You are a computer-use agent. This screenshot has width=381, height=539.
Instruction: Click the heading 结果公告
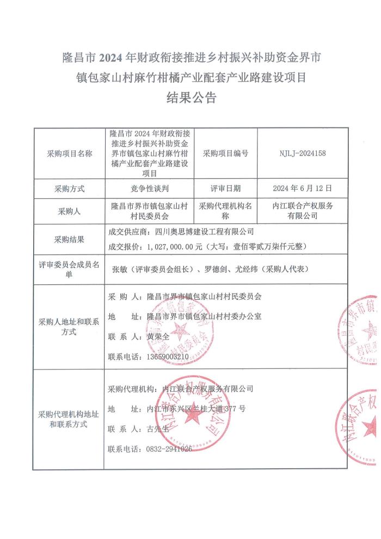pyautogui.click(x=190, y=98)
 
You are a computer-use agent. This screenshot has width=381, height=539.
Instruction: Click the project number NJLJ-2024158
pyautogui.click(x=303, y=154)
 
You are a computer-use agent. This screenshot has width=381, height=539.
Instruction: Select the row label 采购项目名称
pyautogui.click(x=70, y=154)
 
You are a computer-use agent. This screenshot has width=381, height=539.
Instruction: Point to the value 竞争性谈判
pyautogui.click(x=151, y=189)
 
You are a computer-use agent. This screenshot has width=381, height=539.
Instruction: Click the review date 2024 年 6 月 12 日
pyautogui.click(x=303, y=189)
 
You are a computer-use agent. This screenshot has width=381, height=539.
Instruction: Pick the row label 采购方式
pyautogui.click(x=70, y=189)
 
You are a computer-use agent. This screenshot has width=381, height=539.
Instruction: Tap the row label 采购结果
pyautogui.click(x=70, y=239)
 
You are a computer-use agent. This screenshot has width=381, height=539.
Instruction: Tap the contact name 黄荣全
pyautogui.click(x=158, y=337)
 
